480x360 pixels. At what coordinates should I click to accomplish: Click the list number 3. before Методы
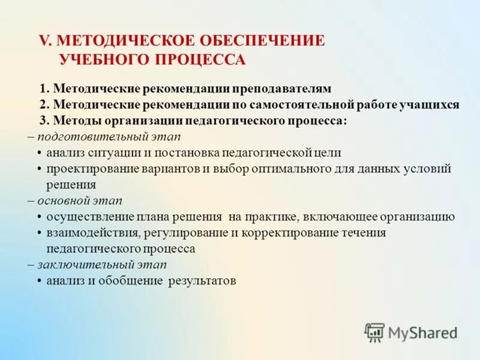coord(44,120)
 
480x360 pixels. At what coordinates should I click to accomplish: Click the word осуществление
coord(86,217)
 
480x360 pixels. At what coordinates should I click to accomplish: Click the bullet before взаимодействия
coord(40,233)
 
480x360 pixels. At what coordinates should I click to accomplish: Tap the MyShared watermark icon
coord(375,332)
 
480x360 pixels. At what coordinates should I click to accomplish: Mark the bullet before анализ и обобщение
coord(40,281)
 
